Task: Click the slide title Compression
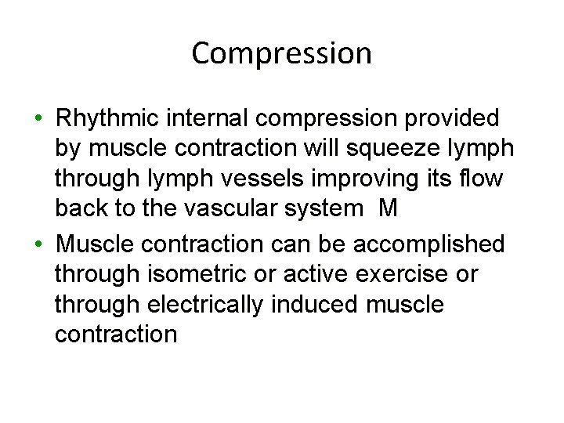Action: [x=281, y=54]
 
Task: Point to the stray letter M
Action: [x=387, y=208]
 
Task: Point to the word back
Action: [x=82, y=208]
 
